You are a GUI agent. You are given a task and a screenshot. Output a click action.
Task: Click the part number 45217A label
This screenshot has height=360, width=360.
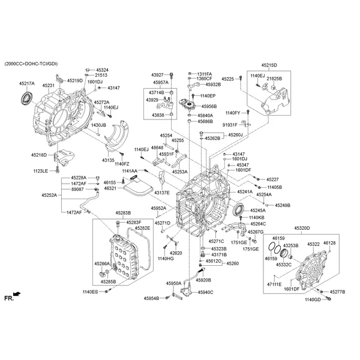pyautogui.click(x=26, y=84)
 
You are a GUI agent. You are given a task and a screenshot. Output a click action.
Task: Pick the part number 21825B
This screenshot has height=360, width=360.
pyautogui.click(x=274, y=79)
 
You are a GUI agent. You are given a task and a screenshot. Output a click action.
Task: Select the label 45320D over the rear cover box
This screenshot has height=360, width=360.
pyautogui.click(x=302, y=229)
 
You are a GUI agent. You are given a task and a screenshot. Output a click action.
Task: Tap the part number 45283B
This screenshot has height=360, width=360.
pyautogui.click(x=124, y=212)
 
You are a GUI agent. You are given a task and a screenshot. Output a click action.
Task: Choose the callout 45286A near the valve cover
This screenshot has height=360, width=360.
pyautogui.click(x=102, y=263)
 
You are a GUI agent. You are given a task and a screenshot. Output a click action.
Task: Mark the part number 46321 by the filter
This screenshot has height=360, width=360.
pyautogui.click(x=110, y=188)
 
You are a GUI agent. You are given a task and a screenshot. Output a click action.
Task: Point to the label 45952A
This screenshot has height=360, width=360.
pyautogui.click(x=158, y=208)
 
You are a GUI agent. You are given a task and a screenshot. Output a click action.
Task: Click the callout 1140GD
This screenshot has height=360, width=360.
pyautogui.click(x=313, y=299)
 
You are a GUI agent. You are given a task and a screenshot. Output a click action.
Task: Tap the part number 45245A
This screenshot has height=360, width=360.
pyautogui.click(x=258, y=211)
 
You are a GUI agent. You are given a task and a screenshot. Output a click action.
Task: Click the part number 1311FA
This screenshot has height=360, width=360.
pyautogui.click(x=205, y=73)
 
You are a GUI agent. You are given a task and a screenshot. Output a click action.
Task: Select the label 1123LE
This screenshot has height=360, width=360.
pyautogui.click(x=40, y=171)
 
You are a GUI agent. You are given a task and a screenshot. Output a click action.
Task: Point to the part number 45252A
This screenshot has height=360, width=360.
pyautogui.click(x=50, y=195)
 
